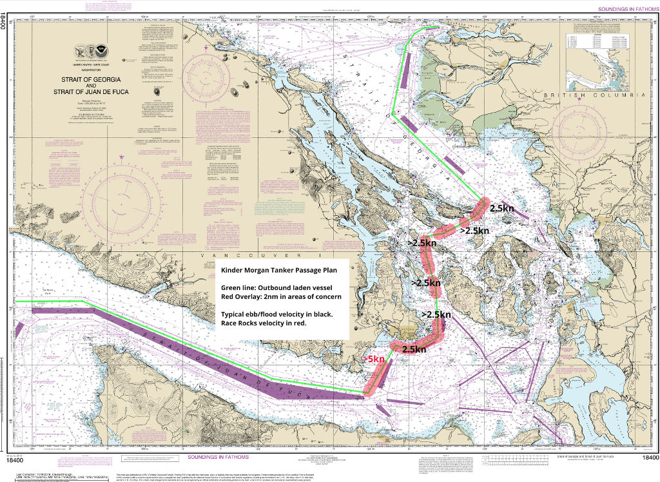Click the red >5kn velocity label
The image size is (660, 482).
(374, 359)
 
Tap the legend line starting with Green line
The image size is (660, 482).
(277, 287)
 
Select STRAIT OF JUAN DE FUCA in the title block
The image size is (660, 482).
(91, 92)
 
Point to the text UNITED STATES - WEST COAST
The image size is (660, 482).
(91, 66)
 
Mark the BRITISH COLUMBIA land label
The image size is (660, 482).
(594, 95)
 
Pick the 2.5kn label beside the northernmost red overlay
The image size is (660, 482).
(501, 209)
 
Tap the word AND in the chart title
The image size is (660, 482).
(91, 85)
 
